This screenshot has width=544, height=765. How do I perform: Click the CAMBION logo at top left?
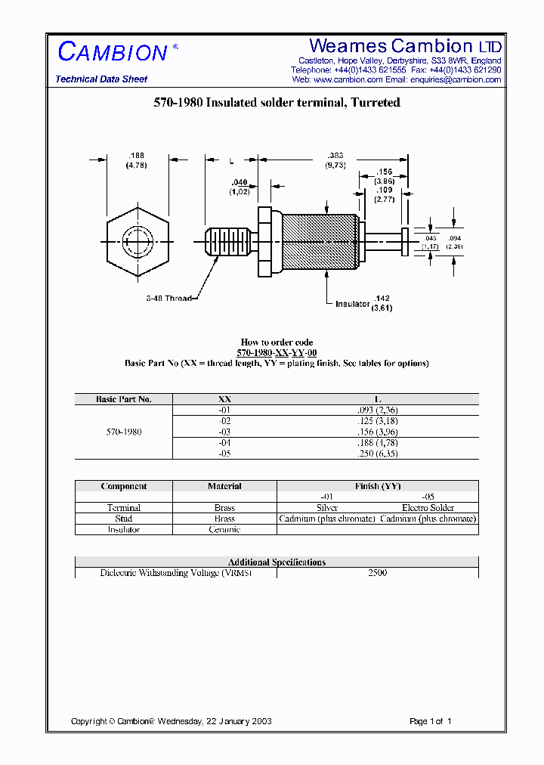(x=113, y=52)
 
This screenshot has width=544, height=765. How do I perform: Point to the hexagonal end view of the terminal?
(x=138, y=243)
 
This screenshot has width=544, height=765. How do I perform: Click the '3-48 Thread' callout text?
(x=168, y=298)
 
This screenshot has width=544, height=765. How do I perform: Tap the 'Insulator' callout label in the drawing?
(x=352, y=304)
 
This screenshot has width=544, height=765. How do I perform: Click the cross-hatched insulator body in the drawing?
(x=319, y=240)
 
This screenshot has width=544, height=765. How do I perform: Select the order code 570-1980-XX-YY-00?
(x=277, y=353)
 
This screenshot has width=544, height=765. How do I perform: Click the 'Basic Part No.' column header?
(x=124, y=399)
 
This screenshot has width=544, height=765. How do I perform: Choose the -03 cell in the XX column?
(x=224, y=432)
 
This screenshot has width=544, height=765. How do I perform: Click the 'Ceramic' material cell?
(x=224, y=530)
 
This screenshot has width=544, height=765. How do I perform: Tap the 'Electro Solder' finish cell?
(x=428, y=508)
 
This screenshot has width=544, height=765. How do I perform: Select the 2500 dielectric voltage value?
(x=377, y=573)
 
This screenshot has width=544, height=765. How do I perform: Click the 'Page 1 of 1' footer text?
(x=430, y=721)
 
